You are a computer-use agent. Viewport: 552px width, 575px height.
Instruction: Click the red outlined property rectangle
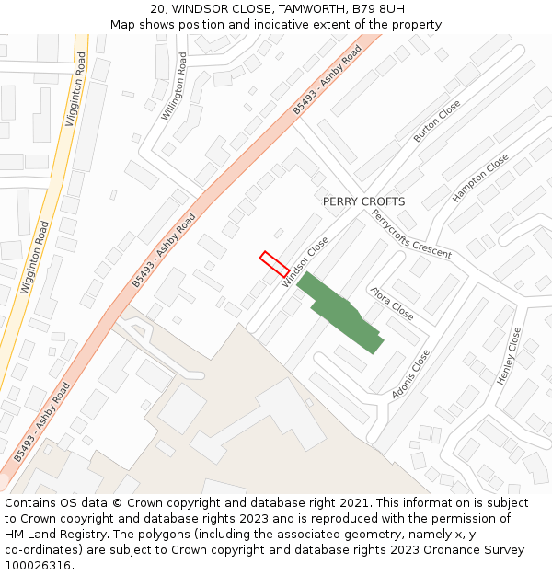pos(274,264)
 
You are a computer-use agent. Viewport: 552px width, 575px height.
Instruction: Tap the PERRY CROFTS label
pos(363,201)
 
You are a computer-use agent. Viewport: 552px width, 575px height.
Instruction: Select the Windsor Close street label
pos(305,262)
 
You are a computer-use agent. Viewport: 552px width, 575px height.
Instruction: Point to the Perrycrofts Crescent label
pos(411,234)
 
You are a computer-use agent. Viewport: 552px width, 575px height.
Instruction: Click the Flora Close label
pos(392,304)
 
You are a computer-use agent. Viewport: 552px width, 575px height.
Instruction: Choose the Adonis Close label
pos(410,374)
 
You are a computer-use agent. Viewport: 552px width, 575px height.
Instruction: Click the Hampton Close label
pos(480,178)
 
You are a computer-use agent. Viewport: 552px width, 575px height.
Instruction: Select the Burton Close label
pos(437,121)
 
